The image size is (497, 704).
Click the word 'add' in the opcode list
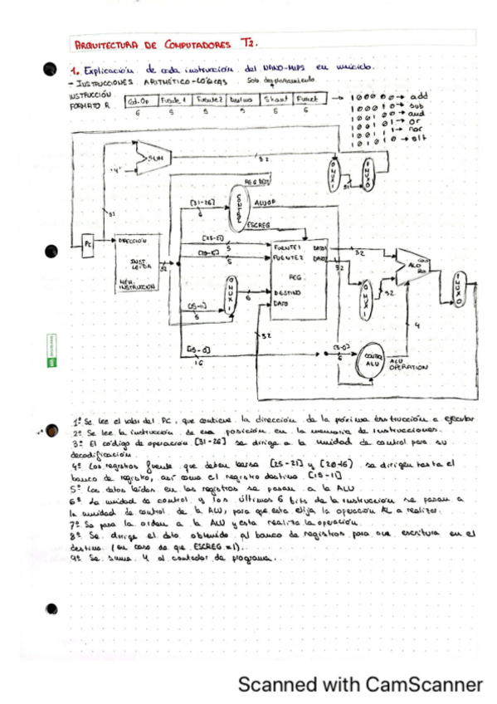point(418,96)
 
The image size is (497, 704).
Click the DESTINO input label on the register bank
point(286,294)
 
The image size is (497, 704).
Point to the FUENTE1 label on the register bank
point(287,247)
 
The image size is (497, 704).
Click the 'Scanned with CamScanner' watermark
point(359,684)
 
